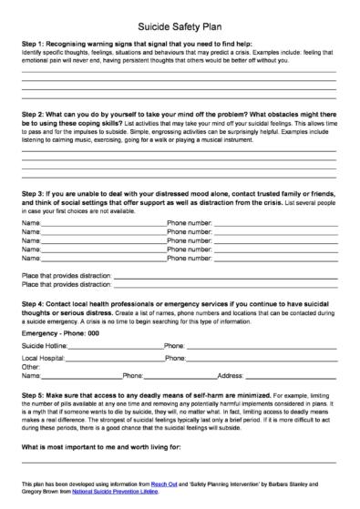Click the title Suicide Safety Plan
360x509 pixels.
point(180,29)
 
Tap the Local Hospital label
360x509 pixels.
point(44,360)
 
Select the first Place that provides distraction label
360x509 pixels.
point(64,273)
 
